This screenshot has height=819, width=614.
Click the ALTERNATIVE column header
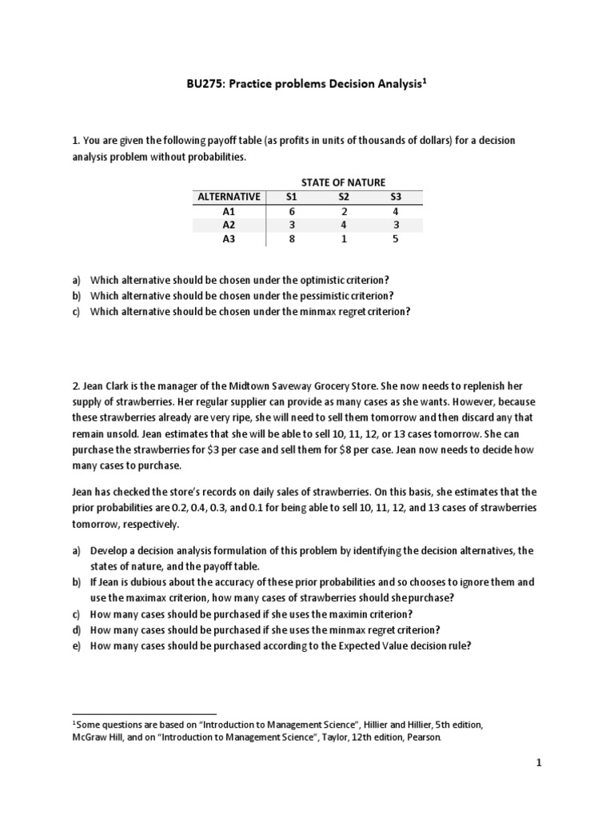tap(229, 197)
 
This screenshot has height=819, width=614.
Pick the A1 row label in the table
tap(229, 212)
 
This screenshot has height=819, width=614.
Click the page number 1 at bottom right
tap(539, 763)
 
